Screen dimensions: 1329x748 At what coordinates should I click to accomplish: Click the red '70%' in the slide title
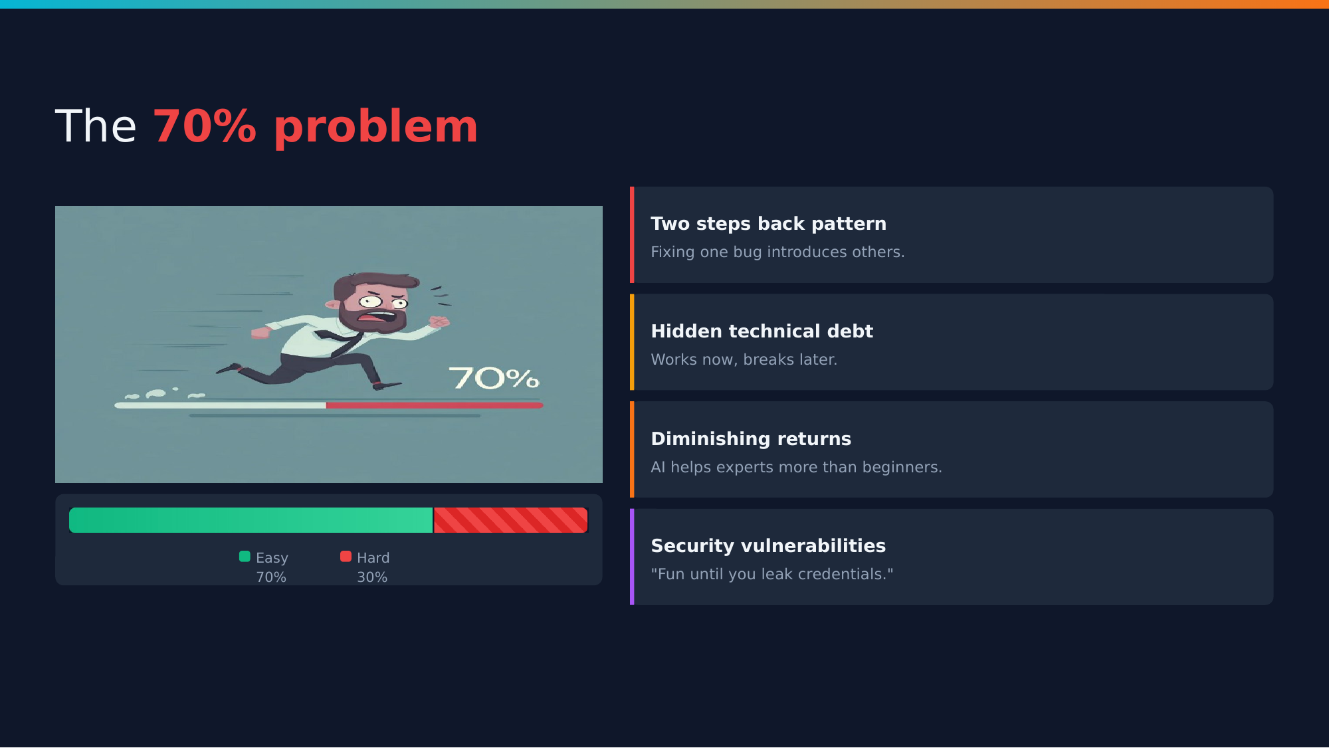tap(205, 126)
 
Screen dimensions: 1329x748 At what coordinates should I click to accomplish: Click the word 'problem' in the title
tap(375, 128)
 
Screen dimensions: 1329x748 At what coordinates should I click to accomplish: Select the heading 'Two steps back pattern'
tap(768, 224)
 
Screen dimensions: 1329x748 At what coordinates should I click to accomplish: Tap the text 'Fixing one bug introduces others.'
tap(777, 252)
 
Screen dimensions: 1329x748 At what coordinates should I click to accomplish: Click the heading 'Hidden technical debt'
tap(762, 331)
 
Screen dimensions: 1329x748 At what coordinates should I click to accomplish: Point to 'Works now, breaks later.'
tap(744, 359)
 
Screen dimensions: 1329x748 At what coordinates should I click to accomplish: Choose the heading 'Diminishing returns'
tap(751, 438)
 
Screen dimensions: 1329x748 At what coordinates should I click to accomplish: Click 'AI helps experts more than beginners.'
tap(796, 467)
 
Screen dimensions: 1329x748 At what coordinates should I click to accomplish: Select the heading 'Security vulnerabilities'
tap(768, 546)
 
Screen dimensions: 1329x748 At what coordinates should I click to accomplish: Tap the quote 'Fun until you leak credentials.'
tap(772, 574)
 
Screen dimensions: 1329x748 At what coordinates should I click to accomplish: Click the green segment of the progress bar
tap(251, 520)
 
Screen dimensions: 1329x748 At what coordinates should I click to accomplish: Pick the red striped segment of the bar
tap(511, 520)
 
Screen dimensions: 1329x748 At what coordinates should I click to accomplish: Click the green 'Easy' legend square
tap(245, 557)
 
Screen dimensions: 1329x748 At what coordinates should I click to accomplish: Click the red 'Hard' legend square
tap(346, 557)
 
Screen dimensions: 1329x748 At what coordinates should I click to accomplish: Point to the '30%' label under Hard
tap(372, 577)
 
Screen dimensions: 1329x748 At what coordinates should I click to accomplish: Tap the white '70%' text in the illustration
tap(494, 378)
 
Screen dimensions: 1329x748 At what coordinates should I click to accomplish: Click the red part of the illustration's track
tap(435, 405)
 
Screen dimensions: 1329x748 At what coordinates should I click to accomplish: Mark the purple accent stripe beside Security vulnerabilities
tap(632, 557)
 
